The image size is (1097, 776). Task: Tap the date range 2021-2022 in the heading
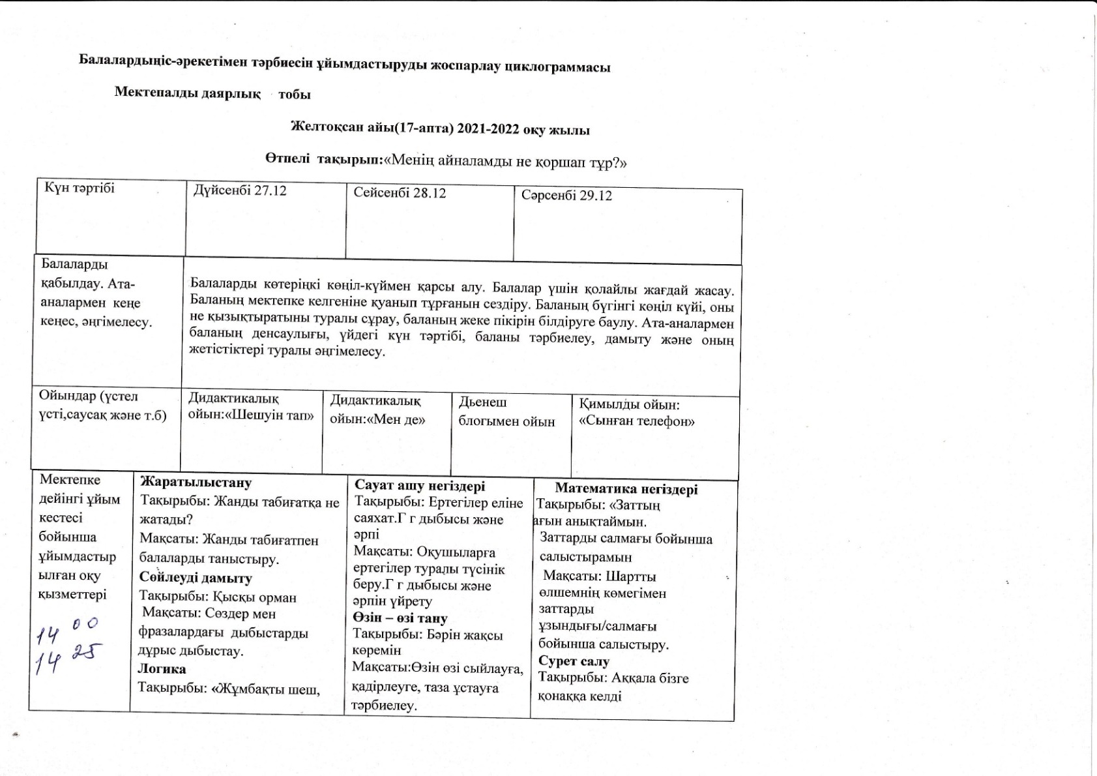(490, 129)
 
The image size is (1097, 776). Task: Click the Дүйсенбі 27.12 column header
(240, 191)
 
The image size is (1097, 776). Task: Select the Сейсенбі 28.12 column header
(400, 193)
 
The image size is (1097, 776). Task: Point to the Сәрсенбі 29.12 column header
(566, 196)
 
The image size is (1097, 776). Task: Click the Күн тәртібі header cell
(80, 188)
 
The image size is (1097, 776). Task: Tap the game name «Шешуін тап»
(269, 415)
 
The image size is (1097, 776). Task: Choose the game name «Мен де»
(397, 419)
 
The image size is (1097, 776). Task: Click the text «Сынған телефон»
(636, 421)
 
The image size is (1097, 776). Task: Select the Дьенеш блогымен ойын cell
(506, 412)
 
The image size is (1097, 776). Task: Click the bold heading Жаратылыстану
(196, 483)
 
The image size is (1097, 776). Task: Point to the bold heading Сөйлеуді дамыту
(196, 578)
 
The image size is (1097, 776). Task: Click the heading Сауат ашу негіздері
(420, 486)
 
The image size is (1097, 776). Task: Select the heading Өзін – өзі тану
(400, 618)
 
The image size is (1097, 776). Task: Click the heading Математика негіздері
(626, 489)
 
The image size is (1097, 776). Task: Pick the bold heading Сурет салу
(574, 661)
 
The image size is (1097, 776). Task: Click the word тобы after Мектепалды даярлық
(295, 94)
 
